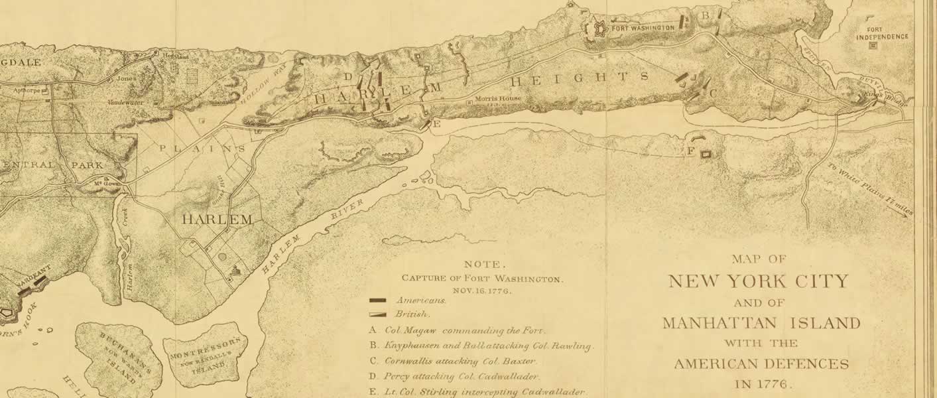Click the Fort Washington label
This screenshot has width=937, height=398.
click(643, 28)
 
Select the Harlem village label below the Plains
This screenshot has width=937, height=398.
click(217, 219)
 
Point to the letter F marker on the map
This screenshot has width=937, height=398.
click(690, 152)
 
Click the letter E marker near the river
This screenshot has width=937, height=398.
click(436, 124)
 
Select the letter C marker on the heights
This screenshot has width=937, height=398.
click(713, 94)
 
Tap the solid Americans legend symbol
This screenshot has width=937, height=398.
click(378, 300)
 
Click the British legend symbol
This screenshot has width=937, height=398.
click(378, 314)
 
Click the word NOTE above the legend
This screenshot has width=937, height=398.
click(482, 264)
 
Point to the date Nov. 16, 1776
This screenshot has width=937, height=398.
click(482, 291)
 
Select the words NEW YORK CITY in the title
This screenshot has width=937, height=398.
click(758, 281)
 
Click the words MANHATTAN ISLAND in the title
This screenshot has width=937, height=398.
click(761, 324)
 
